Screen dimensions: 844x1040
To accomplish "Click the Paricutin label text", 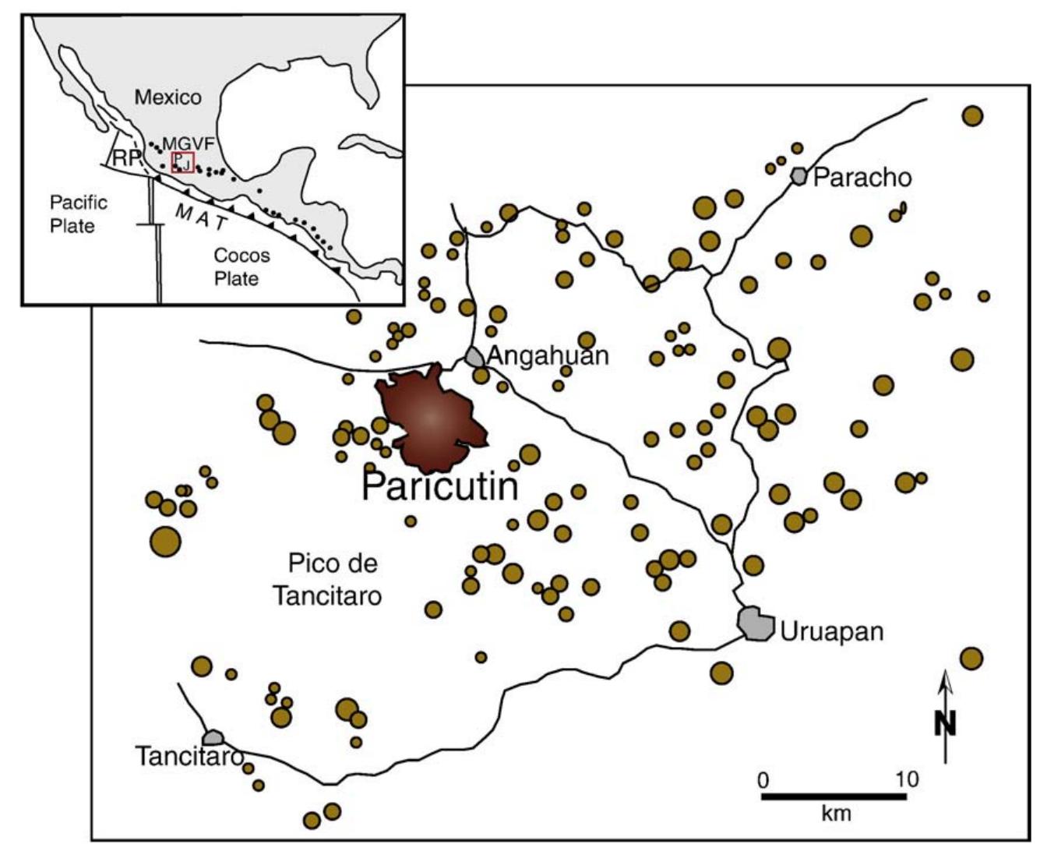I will (x=440, y=487).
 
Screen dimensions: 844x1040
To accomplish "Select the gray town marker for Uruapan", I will (x=755, y=623).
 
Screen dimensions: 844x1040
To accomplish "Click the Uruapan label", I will (x=832, y=630).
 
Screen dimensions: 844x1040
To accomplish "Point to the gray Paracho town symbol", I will (x=799, y=176).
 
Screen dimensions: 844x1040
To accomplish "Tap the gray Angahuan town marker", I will (x=474, y=358).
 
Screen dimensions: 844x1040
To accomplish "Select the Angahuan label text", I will (x=548, y=356).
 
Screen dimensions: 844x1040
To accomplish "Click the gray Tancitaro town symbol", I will (x=212, y=737).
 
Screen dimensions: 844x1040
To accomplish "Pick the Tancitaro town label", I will (x=189, y=756).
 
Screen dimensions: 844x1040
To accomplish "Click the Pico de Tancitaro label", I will (x=327, y=579).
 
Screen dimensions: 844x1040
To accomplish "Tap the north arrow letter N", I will (x=945, y=725).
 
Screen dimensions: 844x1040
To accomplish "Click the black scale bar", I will (x=834, y=796).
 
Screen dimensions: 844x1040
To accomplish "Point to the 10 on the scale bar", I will (x=906, y=779).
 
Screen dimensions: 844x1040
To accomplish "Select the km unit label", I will (x=836, y=814).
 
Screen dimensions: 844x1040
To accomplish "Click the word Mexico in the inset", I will (x=167, y=97).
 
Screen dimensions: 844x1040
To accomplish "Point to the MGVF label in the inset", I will (x=188, y=144).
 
